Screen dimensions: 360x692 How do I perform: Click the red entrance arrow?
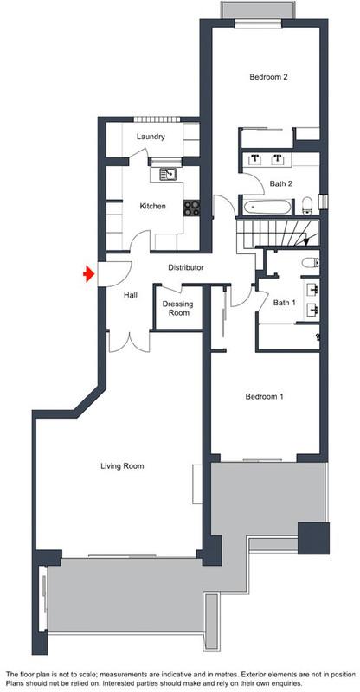pyautogui.click(x=89, y=274)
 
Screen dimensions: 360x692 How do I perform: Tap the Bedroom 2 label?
pyautogui.click(x=268, y=77)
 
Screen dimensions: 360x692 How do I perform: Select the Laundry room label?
pyautogui.click(x=151, y=137)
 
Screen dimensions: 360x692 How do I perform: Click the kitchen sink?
pyautogui.click(x=168, y=175)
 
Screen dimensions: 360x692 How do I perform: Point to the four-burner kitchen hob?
pyautogui.click(x=192, y=208)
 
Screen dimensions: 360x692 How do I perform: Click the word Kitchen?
pyautogui.click(x=153, y=206)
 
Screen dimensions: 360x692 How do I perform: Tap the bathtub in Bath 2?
pyautogui.click(x=267, y=207)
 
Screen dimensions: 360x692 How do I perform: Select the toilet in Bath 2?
pyautogui.click(x=307, y=206)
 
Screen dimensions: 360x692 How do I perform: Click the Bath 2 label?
pyautogui.click(x=281, y=183)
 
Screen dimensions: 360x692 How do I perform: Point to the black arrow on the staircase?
pyautogui.click(x=312, y=239)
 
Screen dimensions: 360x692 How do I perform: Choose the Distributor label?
pyautogui.click(x=185, y=267)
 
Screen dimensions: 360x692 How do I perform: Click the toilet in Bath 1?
pyautogui.click(x=311, y=263)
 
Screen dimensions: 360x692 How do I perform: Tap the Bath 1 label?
pyautogui.click(x=285, y=303)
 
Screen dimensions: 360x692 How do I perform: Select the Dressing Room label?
pyautogui.click(x=178, y=308)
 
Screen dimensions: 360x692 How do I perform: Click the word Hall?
pyautogui.click(x=131, y=295)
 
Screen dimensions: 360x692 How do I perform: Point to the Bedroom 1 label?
pyautogui.click(x=264, y=396)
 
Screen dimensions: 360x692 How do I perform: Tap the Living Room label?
pyautogui.click(x=122, y=465)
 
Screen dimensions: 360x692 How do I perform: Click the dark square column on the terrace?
pyautogui.click(x=313, y=538)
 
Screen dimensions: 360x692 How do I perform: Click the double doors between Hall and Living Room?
pyautogui.click(x=130, y=342)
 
